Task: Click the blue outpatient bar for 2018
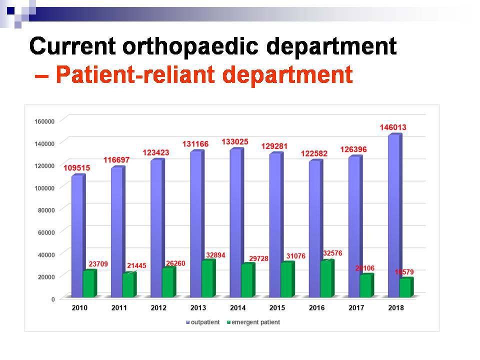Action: (393, 215)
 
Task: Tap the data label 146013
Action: (392, 127)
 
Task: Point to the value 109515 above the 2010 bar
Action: (76, 168)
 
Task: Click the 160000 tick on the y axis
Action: (44, 121)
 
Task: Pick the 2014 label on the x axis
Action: (237, 308)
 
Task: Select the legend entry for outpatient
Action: (203, 322)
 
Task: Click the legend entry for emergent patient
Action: (253, 322)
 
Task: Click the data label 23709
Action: (97, 264)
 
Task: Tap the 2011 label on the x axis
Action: (119, 308)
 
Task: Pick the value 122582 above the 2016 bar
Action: (314, 153)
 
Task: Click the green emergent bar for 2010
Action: (89, 283)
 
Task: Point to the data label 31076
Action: (296, 256)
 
